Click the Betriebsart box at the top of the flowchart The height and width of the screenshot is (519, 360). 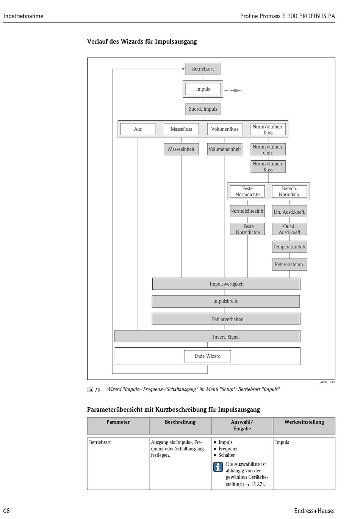(x=203, y=69)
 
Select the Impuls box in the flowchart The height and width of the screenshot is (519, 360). (x=203, y=89)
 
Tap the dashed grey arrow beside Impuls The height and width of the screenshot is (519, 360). (x=233, y=90)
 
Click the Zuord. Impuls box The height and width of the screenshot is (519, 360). (x=203, y=109)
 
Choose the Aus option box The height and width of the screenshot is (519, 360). (x=138, y=129)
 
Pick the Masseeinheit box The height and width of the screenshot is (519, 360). (x=181, y=149)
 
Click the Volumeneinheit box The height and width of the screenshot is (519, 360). (x=225, y=149)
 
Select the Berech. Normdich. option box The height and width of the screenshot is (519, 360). (x=290, y=191)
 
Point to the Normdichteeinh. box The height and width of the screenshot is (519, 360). (x=247, y=211)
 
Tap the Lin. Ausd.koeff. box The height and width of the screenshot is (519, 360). (x=290, y=212)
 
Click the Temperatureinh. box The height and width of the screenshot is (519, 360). (x=290, y=247)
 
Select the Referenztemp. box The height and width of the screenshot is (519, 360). (x=290, y=265)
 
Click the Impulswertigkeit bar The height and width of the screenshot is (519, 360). (x=226, y=284)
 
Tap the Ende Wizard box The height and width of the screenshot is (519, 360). (x=207, y=356)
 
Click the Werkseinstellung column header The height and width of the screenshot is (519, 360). (x=304, y=422)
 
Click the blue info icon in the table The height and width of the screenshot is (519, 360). (x=218, y=467)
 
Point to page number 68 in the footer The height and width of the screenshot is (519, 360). (x=6, y=511)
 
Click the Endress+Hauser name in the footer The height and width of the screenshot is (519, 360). (x=315, y=511)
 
